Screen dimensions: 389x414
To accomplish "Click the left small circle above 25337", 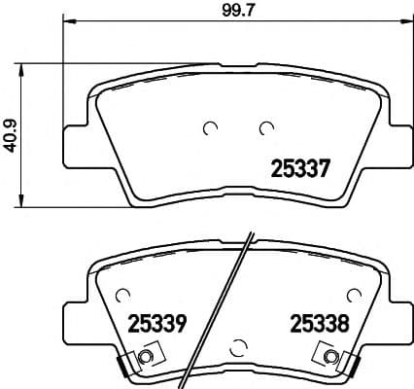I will (x=209, y=126).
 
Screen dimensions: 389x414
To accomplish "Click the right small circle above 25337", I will (x=264, y=126).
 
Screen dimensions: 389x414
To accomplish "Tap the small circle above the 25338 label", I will (x=354, y=292).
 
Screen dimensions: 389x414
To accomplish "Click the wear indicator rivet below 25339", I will (x=147, y=359).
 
